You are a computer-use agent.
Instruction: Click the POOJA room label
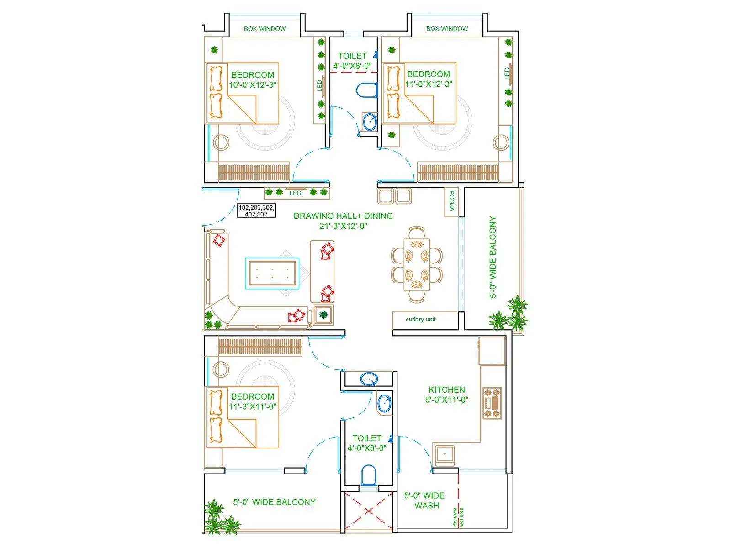(x=451, y=201)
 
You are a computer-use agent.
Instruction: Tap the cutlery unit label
(x=420, y=319)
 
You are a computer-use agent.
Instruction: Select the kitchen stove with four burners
(x=492, y=403)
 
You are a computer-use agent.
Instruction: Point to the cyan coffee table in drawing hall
(x=272, y=273)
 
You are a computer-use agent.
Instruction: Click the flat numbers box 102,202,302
(x=256, y=211)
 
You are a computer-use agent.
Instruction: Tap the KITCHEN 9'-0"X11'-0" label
(x=446, y=395)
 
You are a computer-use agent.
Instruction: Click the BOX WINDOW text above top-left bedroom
(x=265, y=29)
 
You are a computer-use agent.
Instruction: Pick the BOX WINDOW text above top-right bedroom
(x=447, y=29)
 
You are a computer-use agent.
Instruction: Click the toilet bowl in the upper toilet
(x=366, y=90)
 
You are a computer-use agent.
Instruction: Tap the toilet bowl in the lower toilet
(x=368, y=475)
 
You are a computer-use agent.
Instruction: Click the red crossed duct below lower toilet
(x=368, y=511)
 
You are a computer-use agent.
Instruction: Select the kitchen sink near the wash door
(x=444, y=454)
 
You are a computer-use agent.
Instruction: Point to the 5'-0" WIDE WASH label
(x=424, y=501)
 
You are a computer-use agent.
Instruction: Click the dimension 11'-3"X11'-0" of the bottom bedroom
(x=253, y=406)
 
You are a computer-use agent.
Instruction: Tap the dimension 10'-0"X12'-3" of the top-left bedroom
(x=253, y=85)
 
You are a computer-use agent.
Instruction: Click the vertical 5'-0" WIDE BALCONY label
(x=493, y=257)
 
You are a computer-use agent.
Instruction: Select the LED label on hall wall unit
(x=295, y=193)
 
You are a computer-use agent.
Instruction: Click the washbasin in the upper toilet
(x=369, y=122)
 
